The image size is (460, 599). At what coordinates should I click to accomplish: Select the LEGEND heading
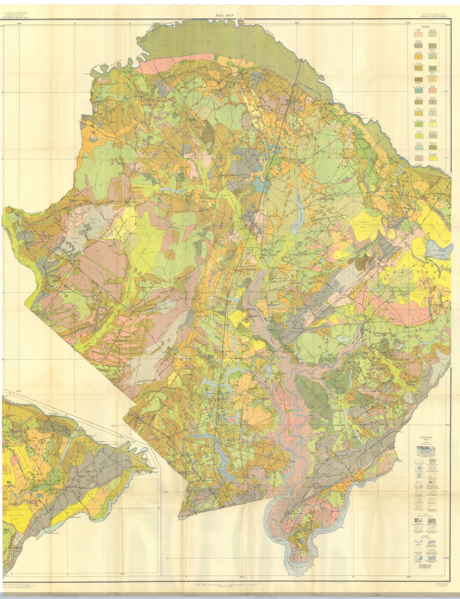(x=425, y=27)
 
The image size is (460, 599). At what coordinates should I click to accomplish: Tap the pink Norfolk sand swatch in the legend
(x=418, y=34)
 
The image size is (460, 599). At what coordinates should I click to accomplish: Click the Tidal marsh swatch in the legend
(x=419, y=159)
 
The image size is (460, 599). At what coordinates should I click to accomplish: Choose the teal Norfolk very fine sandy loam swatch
(x=419, y=91)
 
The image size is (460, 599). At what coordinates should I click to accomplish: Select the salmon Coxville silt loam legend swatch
(x=433, y=91)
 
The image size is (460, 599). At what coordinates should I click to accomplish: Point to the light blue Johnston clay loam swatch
(x=419, y=147)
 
